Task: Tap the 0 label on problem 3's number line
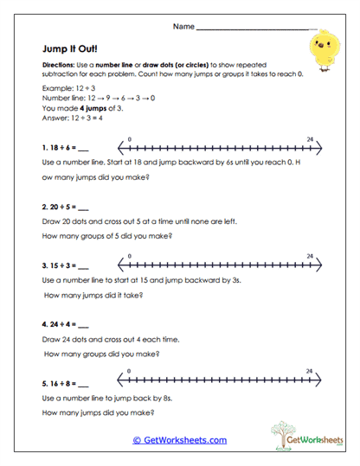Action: point(129,256)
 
